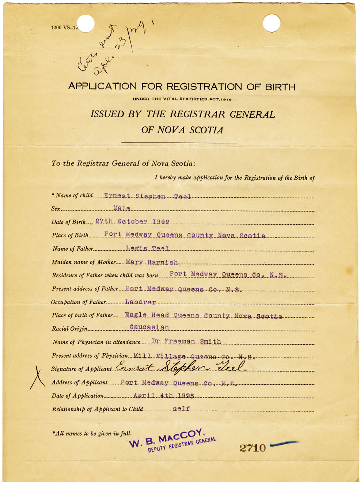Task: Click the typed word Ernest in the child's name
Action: pos(117,196)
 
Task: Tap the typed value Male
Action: pos(122,208)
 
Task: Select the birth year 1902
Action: pos(161,222)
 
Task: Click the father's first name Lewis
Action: pos(136,248)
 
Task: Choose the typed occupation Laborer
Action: pos(140,302)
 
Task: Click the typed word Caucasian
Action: pos(149,327)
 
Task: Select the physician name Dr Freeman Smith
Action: pos(186,342)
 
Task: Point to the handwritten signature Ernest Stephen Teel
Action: pos(181,366)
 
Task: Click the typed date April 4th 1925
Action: pos(164,396)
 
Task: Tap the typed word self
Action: pos(181,409)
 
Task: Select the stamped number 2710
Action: pos(253,448)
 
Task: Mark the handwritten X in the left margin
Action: pos(37,378)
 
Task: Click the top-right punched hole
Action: pos(272,23)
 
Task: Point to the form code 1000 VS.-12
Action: pos(64,27)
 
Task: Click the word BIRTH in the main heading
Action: pos(280,87)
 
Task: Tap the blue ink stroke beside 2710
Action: pos(285,444)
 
